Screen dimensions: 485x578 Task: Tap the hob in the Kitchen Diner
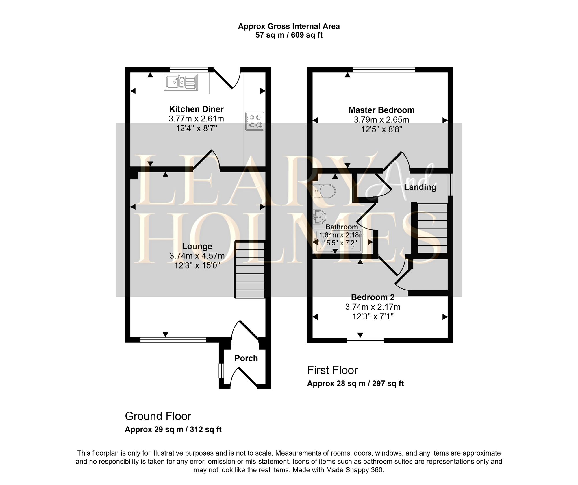pos(255,121)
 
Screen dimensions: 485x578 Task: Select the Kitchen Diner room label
pos(196,109)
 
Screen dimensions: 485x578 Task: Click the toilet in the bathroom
pos(324,191)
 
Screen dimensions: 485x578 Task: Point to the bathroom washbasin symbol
pos(319,217)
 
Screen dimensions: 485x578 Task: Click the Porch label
pos(246,358)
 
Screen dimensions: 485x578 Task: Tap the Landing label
pos(420,187)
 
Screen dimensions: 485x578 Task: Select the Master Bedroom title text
pos(381,110)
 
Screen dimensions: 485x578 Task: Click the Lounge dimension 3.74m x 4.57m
pos(197,256)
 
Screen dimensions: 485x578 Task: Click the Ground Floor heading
pos(158,416)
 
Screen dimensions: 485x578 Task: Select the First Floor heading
pos(332,370)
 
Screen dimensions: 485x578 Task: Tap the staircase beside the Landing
pos(432,228)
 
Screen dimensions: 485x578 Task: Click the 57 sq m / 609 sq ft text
pos(289,35)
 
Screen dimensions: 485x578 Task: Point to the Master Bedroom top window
pos(384,69)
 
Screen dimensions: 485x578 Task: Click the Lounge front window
pos(173,339)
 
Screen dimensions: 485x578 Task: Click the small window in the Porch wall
pos(221,371)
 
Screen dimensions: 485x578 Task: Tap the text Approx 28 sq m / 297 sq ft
pos(355,383)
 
